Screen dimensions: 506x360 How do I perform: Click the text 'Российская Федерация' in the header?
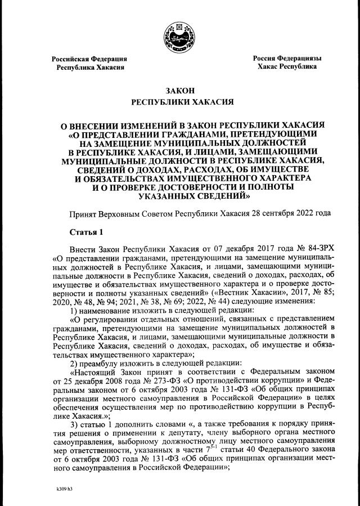[89, 59]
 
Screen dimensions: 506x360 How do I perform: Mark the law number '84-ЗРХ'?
[321, 248]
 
